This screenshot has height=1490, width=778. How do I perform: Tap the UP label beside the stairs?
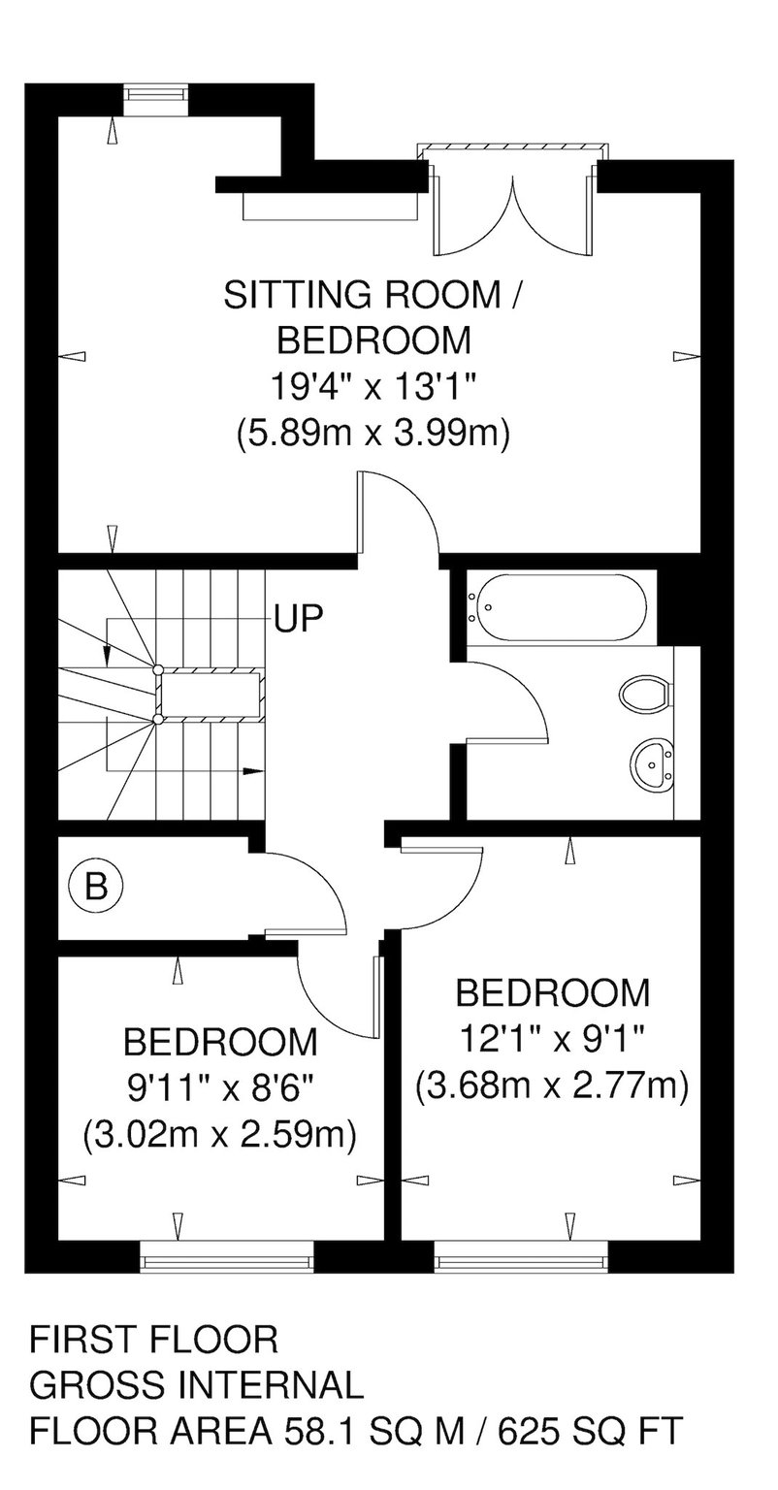[299, 618]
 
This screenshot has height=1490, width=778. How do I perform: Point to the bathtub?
[557, 607]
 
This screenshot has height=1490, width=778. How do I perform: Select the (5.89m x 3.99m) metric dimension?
[373, 435]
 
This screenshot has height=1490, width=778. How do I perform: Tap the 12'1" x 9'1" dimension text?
[552, 1039]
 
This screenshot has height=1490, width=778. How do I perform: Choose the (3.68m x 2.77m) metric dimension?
[552, 1086]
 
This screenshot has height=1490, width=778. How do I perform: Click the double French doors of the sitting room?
[512, 200]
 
